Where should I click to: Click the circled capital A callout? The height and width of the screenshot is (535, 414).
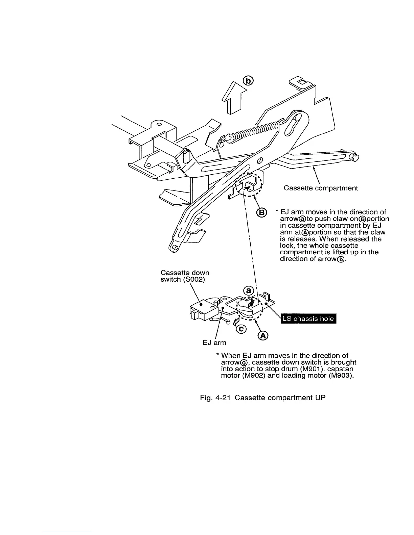point(263,335)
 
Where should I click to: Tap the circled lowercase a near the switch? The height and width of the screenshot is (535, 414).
point(249,290)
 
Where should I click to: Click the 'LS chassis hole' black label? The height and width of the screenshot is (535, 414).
point(308,319)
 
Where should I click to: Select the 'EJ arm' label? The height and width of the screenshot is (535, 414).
point(214,343)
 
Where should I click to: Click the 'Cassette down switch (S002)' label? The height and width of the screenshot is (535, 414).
point(185,276)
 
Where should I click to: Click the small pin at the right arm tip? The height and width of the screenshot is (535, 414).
point(355,158)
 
